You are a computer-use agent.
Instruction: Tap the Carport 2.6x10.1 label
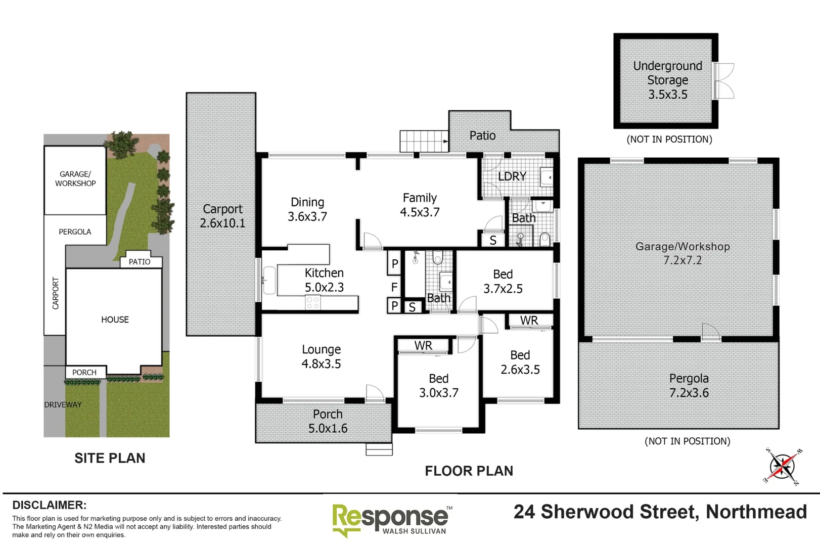point(222,216)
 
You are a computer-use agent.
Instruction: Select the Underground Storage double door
point(723,81)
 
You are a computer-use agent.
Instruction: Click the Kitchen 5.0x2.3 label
point(324,280)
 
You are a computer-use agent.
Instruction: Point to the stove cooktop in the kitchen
point(313,303)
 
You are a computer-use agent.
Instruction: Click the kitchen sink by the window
point(268,281)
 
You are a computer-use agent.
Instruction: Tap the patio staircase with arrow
point(424,141)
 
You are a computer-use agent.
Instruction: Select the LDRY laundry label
point(512,176)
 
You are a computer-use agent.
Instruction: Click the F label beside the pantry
point(394,287)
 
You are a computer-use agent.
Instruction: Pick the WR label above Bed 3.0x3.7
point(423,346)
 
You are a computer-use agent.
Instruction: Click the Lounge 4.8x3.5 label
point(321,356)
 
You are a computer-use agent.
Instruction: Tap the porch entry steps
point(379,449)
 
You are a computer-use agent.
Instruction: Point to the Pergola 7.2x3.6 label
point(689,385)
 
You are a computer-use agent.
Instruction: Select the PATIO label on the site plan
point(140,261)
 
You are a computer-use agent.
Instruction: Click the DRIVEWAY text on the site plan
point(63,404)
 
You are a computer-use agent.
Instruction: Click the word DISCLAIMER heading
point(49,505)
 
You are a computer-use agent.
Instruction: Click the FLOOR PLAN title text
point(469,471)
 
